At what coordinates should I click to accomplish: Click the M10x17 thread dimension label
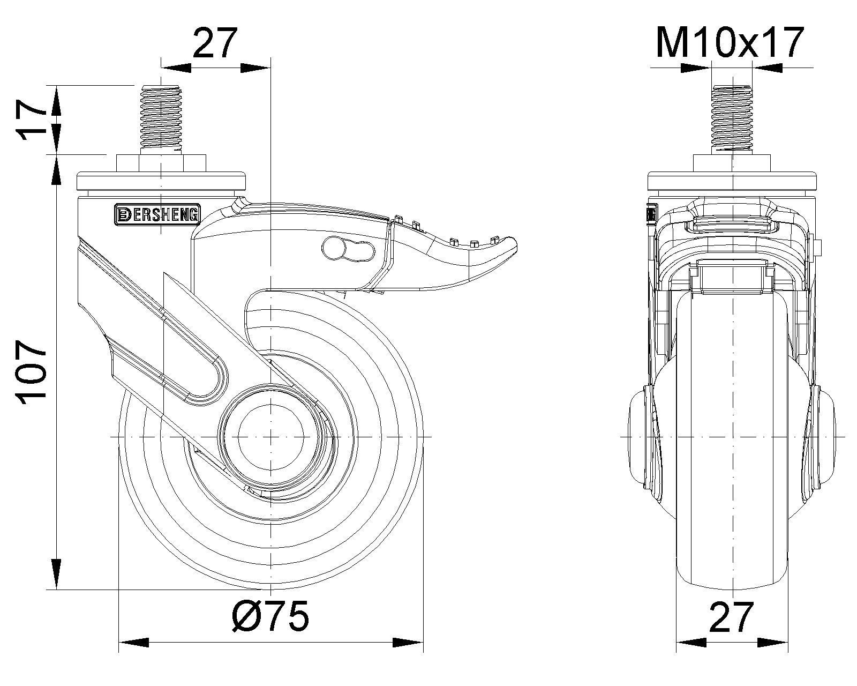[730, 43]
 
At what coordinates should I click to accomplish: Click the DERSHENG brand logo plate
[157, 215]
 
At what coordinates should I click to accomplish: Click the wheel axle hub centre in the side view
[272, 437]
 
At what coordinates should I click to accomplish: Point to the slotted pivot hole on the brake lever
[348, 249]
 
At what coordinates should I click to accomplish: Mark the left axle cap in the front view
[639, 437]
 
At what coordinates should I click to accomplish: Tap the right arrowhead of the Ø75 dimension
[408, 642]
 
